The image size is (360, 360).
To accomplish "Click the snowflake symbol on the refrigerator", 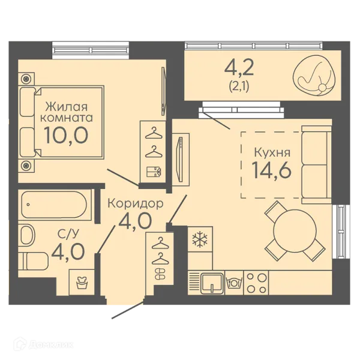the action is (200, 240).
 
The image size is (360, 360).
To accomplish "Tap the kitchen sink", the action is (212, 283).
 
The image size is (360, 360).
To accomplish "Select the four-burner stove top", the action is (256, 283).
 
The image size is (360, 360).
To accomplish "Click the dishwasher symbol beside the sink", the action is (234, 282).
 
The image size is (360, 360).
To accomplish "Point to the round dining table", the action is (295, 231).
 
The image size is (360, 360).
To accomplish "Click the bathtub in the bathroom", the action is (54, 205).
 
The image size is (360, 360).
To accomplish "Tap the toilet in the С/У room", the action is (33, 261).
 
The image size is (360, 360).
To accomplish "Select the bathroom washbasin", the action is (26, 235).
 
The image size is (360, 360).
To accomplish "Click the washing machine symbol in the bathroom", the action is (82, 283).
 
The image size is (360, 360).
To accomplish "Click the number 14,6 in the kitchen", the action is (272, 170).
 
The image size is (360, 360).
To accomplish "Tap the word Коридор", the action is (136, 203).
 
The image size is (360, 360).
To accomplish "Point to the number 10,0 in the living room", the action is (66, 136).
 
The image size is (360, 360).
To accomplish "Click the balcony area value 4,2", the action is (239, 67).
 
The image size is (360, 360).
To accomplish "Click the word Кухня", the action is (272, 152).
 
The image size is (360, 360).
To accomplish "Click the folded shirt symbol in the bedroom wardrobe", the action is (154, 172).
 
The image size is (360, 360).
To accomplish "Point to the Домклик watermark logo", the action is (44, 344).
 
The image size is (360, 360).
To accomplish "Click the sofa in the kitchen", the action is (317, 164).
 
